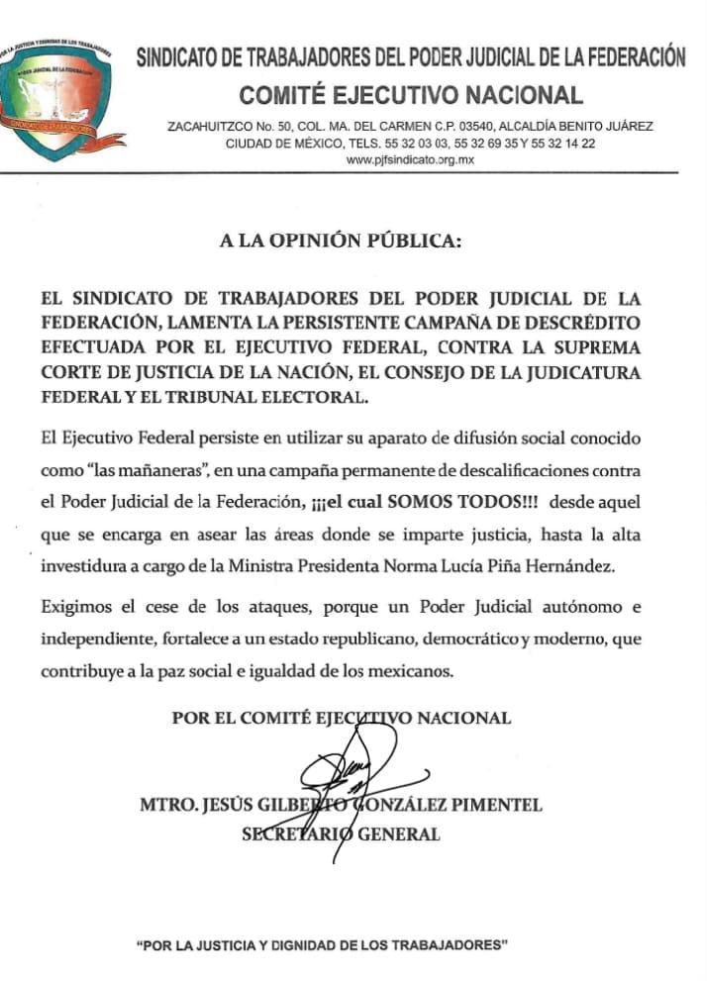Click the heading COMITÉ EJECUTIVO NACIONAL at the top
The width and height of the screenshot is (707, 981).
click(x=411, y=96)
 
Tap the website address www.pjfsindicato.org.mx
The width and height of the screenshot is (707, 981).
click(x=411, y=159)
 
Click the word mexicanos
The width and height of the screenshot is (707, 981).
click(x=407, y=670)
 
